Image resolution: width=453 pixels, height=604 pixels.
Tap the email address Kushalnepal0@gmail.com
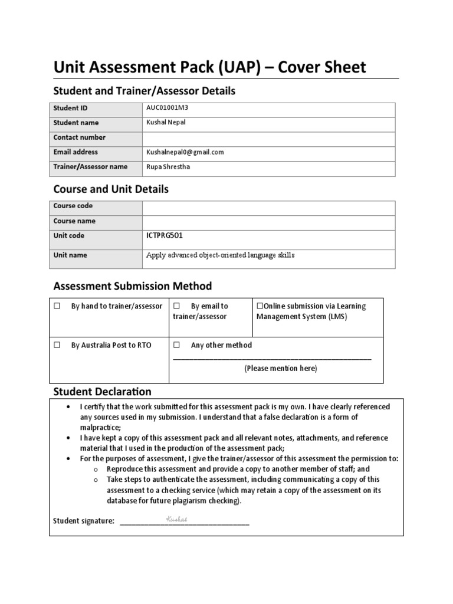tap(185, 152)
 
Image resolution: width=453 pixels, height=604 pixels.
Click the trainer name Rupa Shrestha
tap(169, 167)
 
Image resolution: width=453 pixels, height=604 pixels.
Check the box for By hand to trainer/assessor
tap(57, 307)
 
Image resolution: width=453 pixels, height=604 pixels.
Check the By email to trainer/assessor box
tap(176, 307)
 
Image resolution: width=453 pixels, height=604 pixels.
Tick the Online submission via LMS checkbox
tap(259, 306)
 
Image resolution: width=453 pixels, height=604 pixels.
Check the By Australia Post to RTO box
tap(57, 346)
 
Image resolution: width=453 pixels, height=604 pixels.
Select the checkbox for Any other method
tap(176, 346)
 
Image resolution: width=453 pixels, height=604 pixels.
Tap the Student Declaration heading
tap(102, 392)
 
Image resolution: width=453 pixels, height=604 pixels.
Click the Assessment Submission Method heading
tap(132, 287)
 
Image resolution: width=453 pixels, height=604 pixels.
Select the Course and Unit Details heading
tap(111, 189)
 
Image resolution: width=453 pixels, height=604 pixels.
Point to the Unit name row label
tap(70, 255)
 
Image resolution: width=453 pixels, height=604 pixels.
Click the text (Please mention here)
tap(281, 369)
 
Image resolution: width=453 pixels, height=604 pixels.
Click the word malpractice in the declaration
tap(100, 428)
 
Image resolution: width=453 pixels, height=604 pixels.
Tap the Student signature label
tap(84, 521)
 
